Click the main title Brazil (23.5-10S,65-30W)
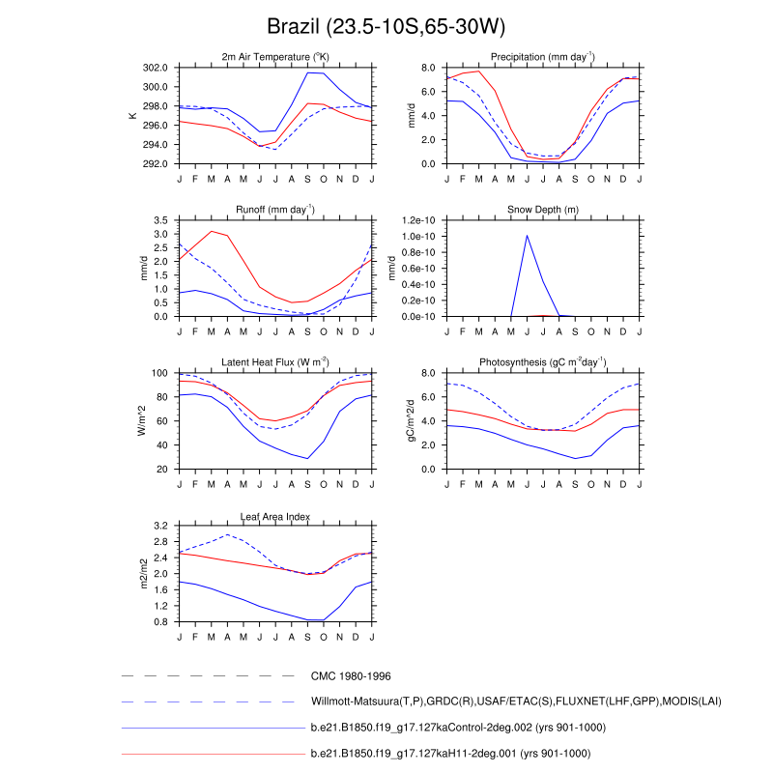(386, 26)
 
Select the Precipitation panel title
(542, 56)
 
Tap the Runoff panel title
(274, 209)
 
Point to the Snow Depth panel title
(542, 209)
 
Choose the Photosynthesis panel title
(542, 361)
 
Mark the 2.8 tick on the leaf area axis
(160, 542)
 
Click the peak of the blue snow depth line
(527, 235)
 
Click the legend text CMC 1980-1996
(351, 676)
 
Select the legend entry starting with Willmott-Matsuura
(516, 701)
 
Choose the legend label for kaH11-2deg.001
(450, 753)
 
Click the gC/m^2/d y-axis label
(410, 420)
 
